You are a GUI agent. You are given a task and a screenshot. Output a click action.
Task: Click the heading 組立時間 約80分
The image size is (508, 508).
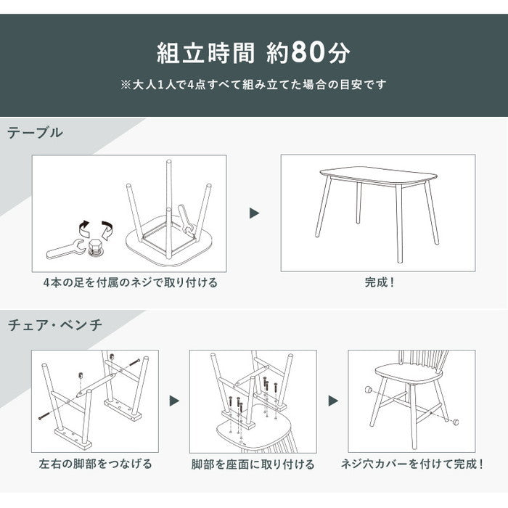coord(253,52)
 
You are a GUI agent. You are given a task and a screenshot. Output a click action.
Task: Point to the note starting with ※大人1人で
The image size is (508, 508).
coord(253,84)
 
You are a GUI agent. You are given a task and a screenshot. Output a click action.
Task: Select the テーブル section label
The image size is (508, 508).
coord(36,133)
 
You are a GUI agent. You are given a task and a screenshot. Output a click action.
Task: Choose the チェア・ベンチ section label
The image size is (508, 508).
coord(55,325)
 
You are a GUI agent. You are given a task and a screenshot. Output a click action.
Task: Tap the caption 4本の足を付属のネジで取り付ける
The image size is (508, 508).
coord(130,282)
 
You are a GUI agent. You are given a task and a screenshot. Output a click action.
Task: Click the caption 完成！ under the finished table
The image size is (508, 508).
coord(379,282)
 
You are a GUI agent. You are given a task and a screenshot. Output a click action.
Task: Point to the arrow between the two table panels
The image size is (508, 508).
coord(254,213)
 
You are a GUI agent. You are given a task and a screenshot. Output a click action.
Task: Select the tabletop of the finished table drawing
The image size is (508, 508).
coord(378,176)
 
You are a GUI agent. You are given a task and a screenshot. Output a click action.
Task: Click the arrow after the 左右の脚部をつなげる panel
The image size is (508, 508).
coord(174,401)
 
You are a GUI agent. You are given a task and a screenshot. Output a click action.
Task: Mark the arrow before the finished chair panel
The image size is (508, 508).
coord(333,401)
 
